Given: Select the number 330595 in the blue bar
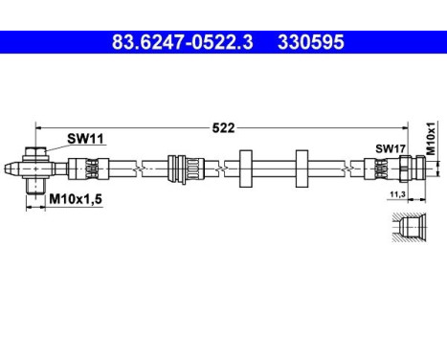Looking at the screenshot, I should coord(309,43).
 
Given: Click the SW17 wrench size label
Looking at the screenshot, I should coord(387,148).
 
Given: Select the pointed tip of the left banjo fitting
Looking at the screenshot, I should coord(11,169).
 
